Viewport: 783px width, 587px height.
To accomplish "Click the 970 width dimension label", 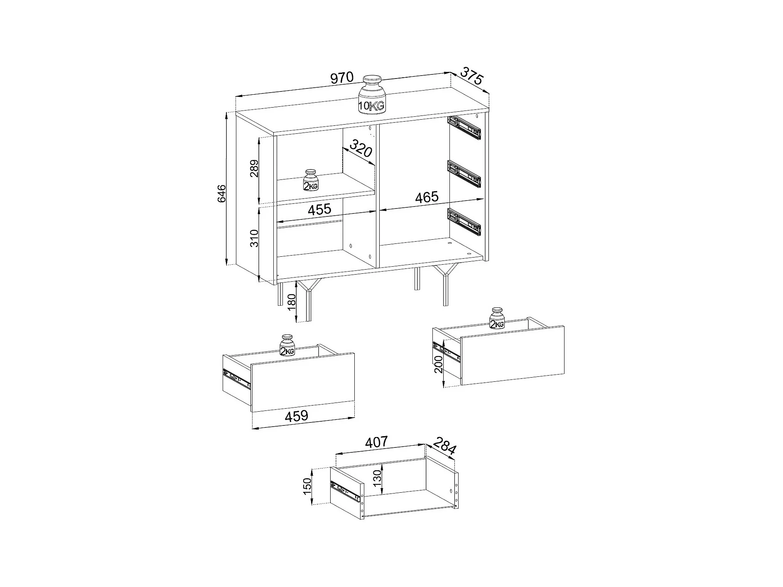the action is pyautogui.click(x=341, y=78).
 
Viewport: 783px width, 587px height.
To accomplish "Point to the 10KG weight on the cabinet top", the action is pyautogui.click(x=372, y=94).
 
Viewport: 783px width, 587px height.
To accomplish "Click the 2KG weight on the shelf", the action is pyautogui.click(x=311, y=180).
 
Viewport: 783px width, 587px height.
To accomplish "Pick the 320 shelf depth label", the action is pyautogui.click(x=361, y=148).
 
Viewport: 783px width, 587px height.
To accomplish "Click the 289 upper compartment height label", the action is pyautogui.click(x=254, y=169).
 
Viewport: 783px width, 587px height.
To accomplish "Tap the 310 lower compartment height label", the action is pyautogui.click(x=254, y=238).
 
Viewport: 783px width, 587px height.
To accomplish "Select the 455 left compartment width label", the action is pyautogui.click(x=319, y=209).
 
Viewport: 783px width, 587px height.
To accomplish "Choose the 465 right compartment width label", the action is pyautogui.click(x=427, y=197).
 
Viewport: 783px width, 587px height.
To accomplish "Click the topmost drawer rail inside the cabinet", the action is pyautogui.click(x=464, y=127).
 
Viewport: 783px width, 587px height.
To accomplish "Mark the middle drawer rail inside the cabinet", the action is pyautogui.click(x=464, y=173).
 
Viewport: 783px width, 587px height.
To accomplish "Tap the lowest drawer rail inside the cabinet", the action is pyautogui.click(x=464, y=221).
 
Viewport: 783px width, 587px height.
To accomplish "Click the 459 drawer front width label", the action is pyautogui.click(x=296, y=416).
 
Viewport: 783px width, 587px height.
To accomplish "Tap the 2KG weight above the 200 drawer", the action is pyautogui.click(x=497, y=319).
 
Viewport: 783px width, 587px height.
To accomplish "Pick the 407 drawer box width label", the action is pyautogui.click(x=377, y=442).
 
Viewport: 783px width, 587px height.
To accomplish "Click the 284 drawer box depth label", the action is pyautogui.click(x=444, y=446).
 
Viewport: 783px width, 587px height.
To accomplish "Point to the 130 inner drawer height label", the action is pyautogui.click(x=377, y=479).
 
